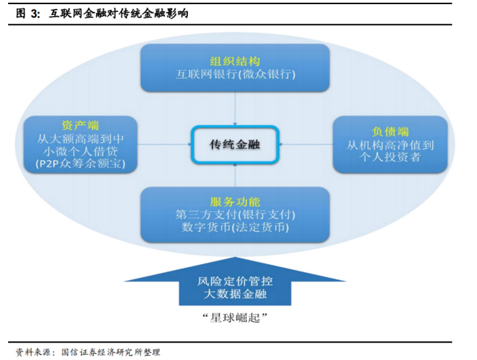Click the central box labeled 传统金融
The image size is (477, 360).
tap(235, 144)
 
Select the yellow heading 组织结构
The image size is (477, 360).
tap(235, 62)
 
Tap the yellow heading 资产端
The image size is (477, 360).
tap(80, 125)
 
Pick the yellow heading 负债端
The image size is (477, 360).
tap(390, 132)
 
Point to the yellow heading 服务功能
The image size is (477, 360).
tap(235, 202)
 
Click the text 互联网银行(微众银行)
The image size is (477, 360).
tap(235, 74)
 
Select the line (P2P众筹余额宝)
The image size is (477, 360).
tap(80, 164)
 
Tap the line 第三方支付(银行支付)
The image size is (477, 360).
tap(235, 215)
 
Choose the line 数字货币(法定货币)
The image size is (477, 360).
tap(235, 227)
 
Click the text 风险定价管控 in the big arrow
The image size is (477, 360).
tap(235, 281)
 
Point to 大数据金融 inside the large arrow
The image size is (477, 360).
tap(235, 294)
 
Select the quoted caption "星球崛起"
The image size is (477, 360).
tap(235, 318)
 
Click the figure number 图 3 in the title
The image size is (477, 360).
tap(28, 14)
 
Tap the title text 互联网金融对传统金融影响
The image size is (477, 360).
tap(118, 14)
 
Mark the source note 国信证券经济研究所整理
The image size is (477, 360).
tap(111, 352)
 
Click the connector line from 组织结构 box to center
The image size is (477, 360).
tap(235, 108)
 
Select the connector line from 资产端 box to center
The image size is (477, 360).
tap(164, 144)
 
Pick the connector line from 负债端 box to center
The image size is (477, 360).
tap(306, 144)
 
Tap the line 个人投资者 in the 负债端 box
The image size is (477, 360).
tap(390, 157)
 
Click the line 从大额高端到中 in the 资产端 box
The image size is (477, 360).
tap(80, 139)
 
